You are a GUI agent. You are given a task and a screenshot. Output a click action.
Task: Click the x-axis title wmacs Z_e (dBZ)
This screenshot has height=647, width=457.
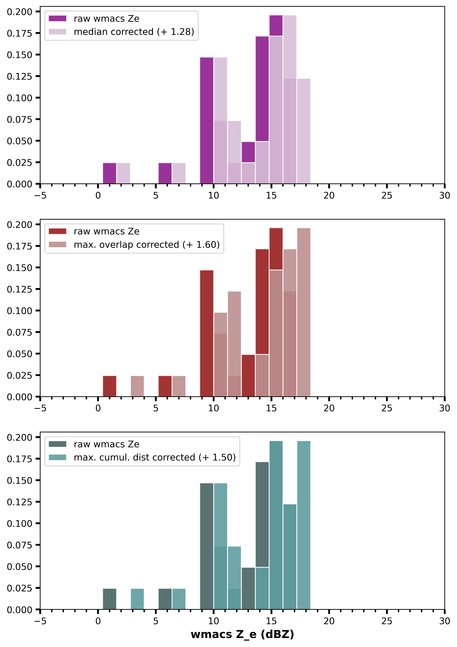(242, 634)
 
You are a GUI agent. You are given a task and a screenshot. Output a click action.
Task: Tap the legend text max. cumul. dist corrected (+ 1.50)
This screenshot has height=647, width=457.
(155, 457)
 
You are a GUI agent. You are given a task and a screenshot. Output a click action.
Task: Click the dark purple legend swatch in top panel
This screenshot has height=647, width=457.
(57, 19)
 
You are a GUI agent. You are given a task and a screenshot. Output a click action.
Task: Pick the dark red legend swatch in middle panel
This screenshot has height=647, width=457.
(57, 231)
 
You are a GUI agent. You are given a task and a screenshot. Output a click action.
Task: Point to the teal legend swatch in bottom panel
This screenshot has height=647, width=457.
(57, 457)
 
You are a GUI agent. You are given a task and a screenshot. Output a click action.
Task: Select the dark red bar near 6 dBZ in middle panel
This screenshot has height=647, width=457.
(165, 386)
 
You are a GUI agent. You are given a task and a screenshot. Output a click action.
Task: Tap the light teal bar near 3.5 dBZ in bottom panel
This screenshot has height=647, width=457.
(137, 599)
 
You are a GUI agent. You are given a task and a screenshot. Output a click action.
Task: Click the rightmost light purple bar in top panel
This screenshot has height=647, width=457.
(304, 131)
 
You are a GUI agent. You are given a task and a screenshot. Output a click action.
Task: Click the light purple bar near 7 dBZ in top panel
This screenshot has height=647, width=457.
(179, 173)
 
